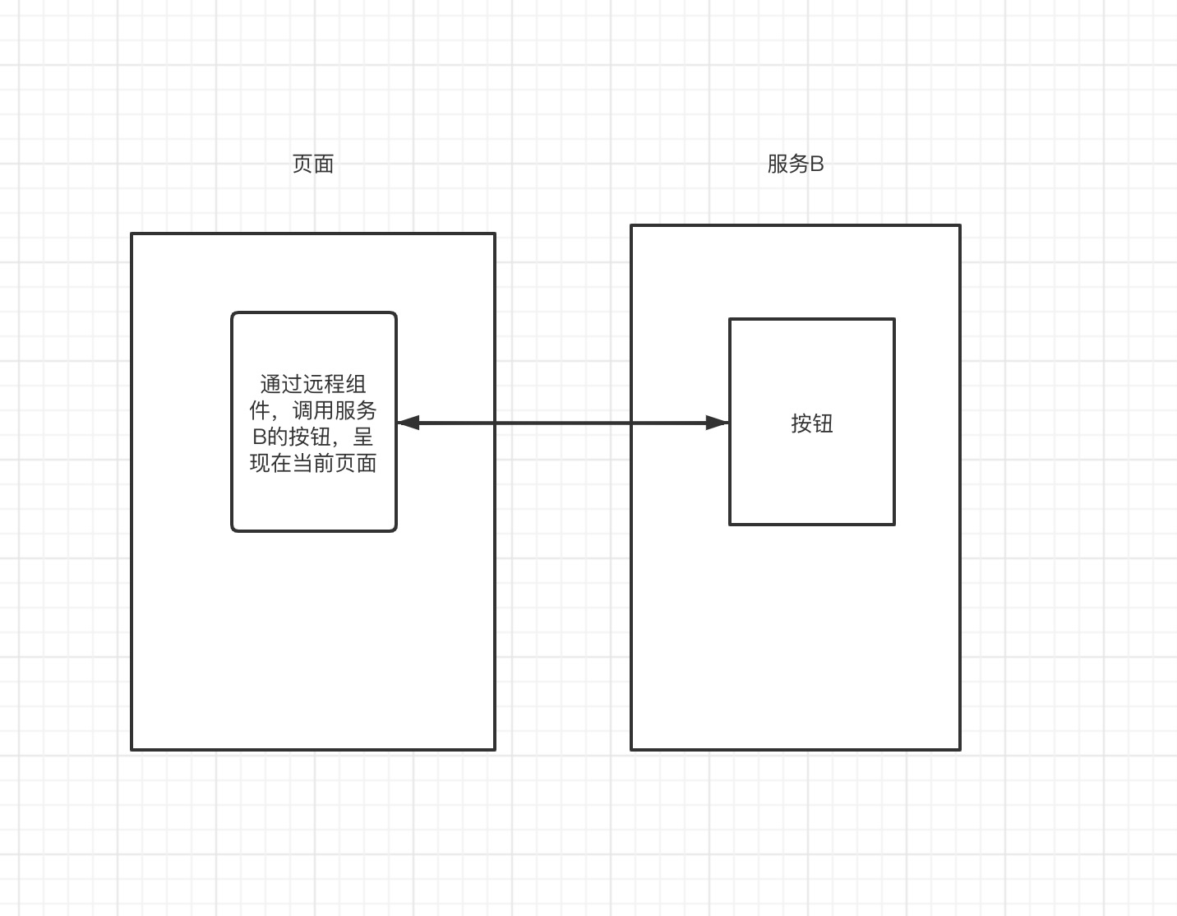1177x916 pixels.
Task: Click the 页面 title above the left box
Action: [x=313, y=164]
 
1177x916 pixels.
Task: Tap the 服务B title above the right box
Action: [x=795, y=164]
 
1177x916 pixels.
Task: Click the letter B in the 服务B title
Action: [x=816, y=164]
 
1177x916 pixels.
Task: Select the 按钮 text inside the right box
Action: [x=812, y=423]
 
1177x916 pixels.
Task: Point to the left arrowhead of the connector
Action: [x=407, y=423]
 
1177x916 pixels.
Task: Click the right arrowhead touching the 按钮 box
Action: [x=718, y=423]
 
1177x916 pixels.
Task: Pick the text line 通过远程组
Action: [x=313, y=384]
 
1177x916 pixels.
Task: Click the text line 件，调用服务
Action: [x=313, y=410]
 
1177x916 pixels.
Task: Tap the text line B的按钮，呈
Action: [x=313, y=437]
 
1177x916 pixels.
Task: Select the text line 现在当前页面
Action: [x=313, y=463]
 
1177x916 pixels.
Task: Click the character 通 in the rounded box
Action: [x=270, y=384]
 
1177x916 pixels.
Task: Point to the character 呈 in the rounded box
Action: [x=363, y=437]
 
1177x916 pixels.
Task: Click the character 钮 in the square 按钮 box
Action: [x=823, y=423]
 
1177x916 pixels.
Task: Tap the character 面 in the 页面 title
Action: [x=324, y=164]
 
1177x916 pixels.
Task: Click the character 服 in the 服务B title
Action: [x=778, y=164]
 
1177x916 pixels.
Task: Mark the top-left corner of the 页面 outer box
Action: [x=132, y=234]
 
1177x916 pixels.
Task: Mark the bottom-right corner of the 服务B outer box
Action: [x=959, y=749]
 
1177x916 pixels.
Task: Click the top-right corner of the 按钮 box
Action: [x=893, y=320]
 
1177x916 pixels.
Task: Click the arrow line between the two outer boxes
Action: [x=563, y=423]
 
